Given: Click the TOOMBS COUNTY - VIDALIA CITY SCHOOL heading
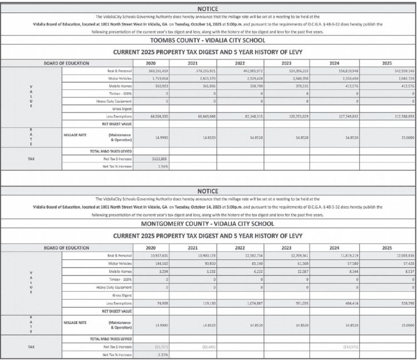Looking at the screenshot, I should tap(209, 41).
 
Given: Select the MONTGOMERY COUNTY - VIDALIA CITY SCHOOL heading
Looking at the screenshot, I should tap(209, 224).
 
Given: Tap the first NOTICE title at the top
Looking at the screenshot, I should tap(209, 9).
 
